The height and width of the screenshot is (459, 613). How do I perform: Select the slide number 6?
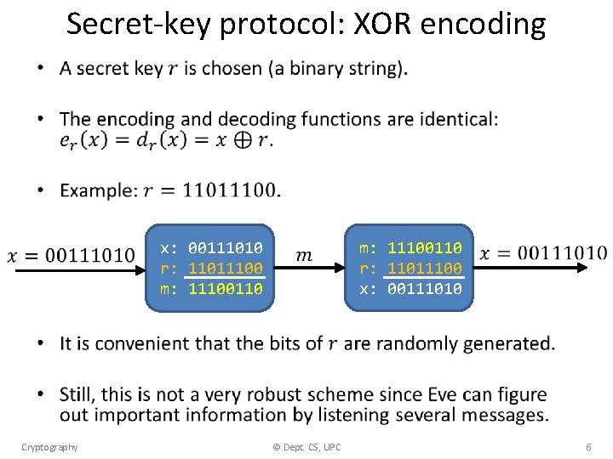click(588, 447)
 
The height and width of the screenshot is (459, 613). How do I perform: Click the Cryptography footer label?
click(49, 447)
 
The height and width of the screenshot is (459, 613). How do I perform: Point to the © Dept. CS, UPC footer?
click(306, 447)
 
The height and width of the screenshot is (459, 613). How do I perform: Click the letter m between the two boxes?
click(304, 255)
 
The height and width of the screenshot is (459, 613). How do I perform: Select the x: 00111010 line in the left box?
click(211, 247)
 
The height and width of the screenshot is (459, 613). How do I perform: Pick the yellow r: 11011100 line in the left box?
click(211, 268)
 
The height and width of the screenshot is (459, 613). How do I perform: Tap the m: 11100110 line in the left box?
click(211, 289)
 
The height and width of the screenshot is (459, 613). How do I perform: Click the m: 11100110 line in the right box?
click(410, 247)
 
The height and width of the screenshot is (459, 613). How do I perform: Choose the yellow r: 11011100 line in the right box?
click(410, 268)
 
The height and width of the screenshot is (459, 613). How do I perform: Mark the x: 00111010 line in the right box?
click(410, 289)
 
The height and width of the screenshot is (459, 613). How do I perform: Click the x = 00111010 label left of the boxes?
click(72, 255)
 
